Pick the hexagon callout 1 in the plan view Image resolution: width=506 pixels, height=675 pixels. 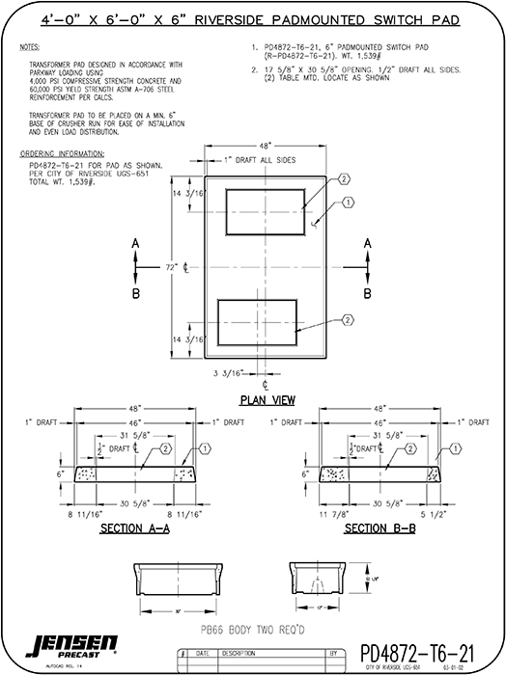click(x=349, y=202)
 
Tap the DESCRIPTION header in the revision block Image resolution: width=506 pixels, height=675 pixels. click(x=239, y=652)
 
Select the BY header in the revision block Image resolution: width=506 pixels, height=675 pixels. click(x=333, y=652)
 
